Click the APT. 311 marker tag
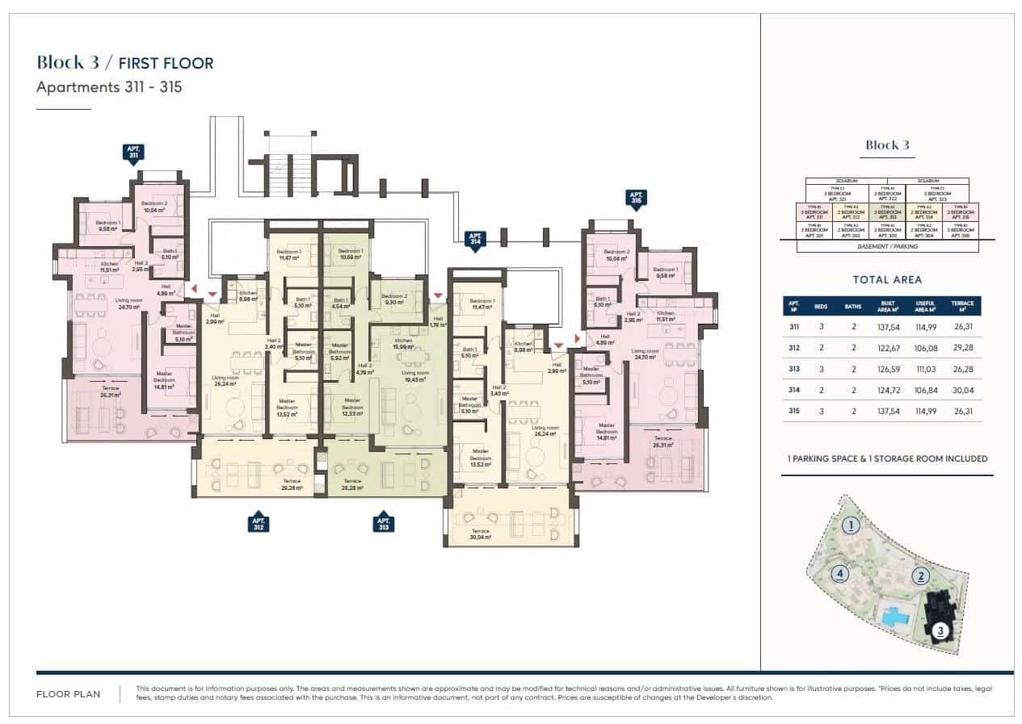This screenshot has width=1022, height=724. (134, 153)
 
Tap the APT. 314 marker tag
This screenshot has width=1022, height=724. (475, 237)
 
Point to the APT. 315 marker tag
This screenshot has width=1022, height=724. (636, 199)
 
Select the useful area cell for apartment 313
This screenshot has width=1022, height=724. (925, 370)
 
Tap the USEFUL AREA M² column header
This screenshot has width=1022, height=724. (925, 306)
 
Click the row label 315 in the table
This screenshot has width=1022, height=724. (794, 411)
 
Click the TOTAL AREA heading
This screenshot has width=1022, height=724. (887, 280)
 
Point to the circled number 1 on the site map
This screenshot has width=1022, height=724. (849, 526)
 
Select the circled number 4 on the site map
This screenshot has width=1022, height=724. (840, 575)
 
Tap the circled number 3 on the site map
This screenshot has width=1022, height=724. (940, 632)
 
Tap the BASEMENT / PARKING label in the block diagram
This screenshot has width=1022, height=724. (887, 246)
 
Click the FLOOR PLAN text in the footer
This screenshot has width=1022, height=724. (69, 694)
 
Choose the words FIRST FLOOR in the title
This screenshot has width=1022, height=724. (166, 63)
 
